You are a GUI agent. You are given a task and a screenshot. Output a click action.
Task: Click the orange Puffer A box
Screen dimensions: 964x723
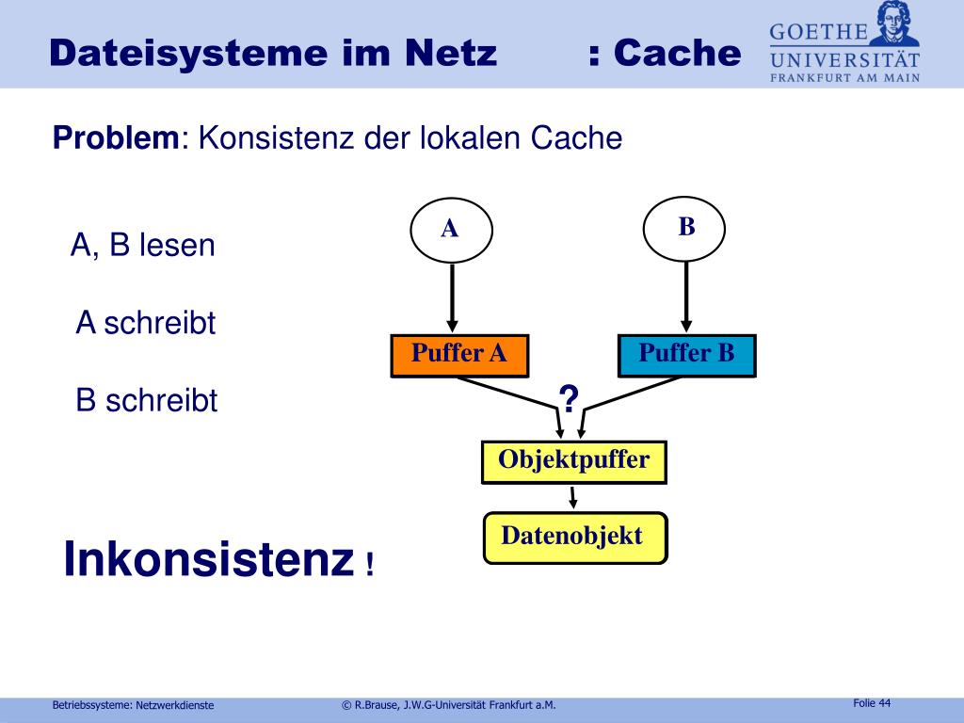459,355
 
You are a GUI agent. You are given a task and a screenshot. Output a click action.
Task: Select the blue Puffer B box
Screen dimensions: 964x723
686,355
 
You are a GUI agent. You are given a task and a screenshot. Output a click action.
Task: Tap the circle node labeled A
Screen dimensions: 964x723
451,229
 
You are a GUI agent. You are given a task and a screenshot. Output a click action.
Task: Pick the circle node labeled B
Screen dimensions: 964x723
685,227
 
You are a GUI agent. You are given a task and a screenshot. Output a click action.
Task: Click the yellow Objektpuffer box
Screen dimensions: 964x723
573,461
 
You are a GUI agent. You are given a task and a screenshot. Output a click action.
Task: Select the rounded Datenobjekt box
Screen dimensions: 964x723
574,538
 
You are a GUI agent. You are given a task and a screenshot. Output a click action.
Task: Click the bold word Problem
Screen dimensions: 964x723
115,138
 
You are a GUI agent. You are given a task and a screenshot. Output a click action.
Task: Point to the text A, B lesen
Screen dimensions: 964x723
143,246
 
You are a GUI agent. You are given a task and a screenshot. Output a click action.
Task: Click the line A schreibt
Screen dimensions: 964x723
146,324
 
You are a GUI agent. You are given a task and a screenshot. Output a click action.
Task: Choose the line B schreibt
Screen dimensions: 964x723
147,401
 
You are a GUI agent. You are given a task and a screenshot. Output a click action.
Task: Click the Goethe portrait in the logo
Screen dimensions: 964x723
894,23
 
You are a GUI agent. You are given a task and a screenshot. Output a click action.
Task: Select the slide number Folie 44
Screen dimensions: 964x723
871,703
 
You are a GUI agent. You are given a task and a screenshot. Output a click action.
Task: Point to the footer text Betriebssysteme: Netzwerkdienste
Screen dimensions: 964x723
133,705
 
